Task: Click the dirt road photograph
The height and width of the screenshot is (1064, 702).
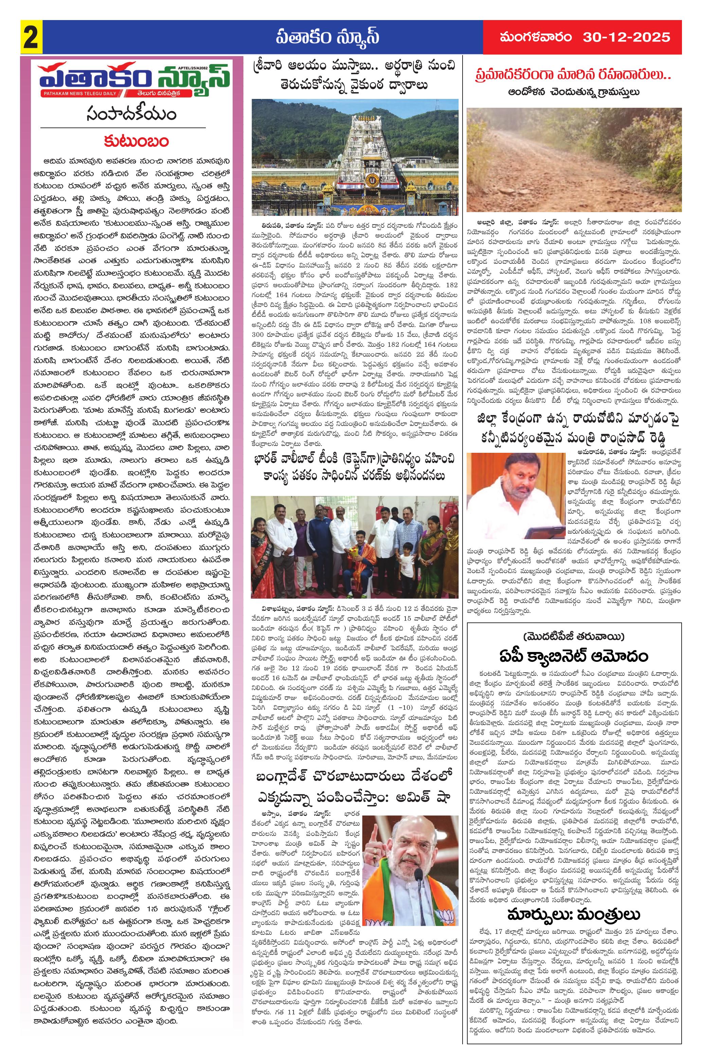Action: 574,159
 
